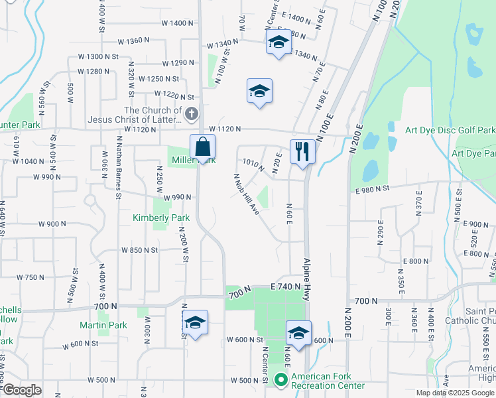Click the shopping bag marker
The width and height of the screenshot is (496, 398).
202,147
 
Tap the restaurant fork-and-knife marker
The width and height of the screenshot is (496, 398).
302,151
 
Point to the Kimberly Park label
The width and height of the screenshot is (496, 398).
161,218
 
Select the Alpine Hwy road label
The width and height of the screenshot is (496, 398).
307,279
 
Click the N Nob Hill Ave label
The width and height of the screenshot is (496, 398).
245,194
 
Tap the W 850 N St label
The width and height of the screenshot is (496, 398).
139,250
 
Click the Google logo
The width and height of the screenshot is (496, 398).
22,390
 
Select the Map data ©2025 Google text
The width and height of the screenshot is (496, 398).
456,393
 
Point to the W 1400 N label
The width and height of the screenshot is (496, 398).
177,23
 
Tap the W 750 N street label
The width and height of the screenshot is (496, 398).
30,277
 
